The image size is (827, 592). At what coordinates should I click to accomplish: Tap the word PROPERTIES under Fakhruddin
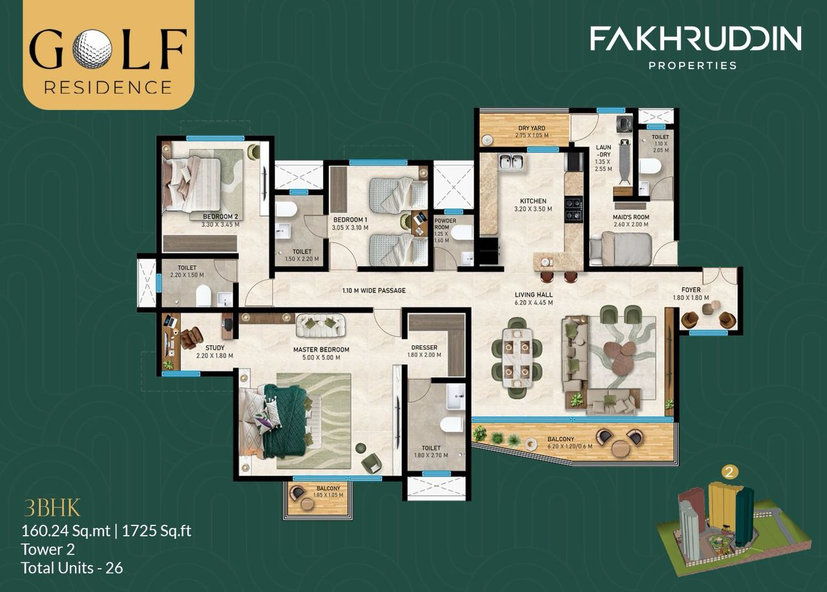click(x=693, y=65)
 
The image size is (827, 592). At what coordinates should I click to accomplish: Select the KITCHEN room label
click(x=533, y=201)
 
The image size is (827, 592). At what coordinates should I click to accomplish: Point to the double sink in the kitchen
click(x=511, y=162)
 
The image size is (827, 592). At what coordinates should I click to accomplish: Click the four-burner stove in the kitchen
click(x=574, y=209)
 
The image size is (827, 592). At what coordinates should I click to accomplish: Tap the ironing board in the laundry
click(x=625, y=161)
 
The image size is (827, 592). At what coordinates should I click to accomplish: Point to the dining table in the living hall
click(x=516, y=358)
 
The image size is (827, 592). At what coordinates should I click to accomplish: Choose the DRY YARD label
click(x=532, y=128)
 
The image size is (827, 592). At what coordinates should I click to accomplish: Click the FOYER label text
click(x=691, y=290)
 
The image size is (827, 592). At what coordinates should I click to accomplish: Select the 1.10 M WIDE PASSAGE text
click(x=373, y=291)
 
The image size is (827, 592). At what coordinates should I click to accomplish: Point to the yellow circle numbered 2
click(x=729, y=472)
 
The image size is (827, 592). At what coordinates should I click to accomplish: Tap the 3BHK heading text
click(x=52, y=509)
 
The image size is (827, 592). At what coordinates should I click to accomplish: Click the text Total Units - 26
click(x=72, y=567)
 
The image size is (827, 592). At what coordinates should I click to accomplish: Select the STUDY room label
click(x=215, y=348)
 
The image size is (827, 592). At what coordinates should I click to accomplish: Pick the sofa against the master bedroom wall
click(x=320, y=324)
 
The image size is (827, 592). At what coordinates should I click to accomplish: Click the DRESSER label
click(x=424, y=347)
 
